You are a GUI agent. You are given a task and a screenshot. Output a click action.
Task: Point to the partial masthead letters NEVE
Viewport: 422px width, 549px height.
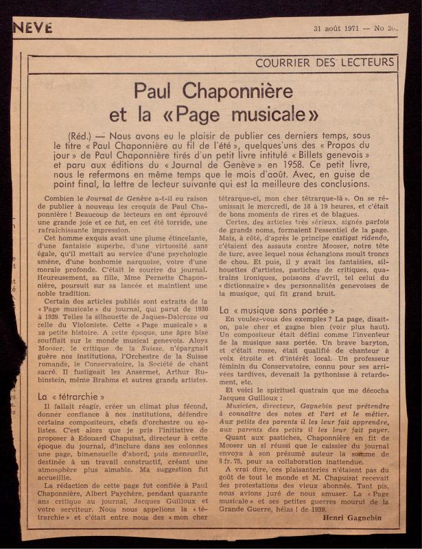click(x=32, y=27)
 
